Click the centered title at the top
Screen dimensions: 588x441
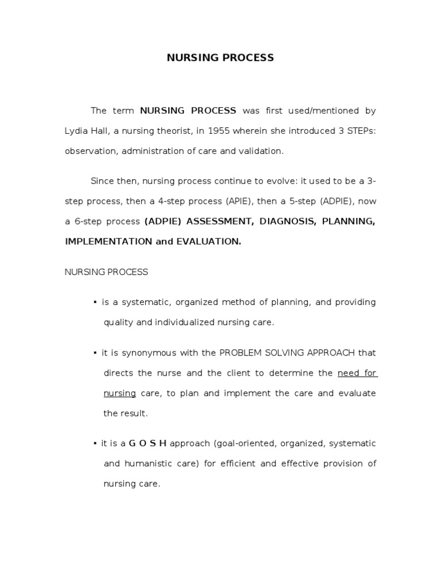pyautogui.click(x=220, y=58)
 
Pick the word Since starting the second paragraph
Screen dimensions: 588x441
pyautogui.click(x=102, y=181)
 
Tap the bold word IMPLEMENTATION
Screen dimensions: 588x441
pyautogui.click(x=108, y=242)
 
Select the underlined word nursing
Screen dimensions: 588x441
pyautogui.click(x=119, y=393)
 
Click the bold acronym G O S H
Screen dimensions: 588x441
pyautogui.click(x=148, y=443)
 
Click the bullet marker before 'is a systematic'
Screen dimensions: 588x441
pyautogui.click(x=95, y=303)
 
